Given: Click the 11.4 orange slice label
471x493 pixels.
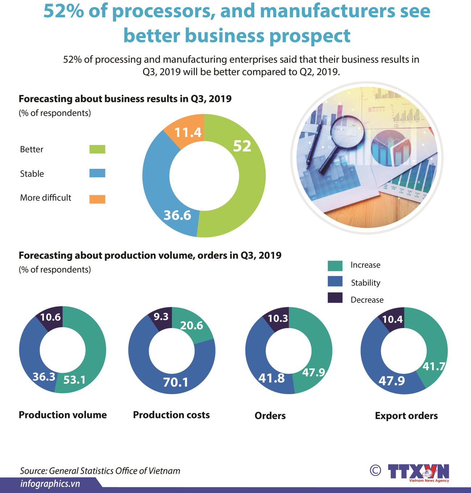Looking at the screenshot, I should [188, 133].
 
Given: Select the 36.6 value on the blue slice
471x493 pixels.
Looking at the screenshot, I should [177, 215].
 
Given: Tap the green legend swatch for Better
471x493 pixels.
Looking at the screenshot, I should [97, 149].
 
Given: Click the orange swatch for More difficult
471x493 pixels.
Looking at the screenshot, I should [97, 199].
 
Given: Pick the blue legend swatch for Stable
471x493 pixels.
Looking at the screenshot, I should [97, 173].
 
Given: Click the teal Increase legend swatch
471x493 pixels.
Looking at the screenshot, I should [335, 266].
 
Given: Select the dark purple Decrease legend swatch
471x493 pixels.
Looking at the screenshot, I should [335, 298].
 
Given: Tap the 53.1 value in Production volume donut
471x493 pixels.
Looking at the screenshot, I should [74, 380].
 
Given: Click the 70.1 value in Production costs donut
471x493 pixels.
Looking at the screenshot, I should [175, 382].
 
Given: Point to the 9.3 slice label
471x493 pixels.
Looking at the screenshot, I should [161, 317].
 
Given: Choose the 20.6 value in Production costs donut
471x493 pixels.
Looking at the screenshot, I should [191, 326].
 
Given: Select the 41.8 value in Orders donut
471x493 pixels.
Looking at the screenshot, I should [271, 378].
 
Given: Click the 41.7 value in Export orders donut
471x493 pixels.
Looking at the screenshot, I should [434, 367].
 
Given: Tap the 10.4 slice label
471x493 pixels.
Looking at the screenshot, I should [392, 319].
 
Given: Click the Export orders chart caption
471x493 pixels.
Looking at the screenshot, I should [406, 415].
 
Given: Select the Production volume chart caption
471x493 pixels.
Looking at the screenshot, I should [63, 415].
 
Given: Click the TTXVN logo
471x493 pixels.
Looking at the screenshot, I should [418, 472].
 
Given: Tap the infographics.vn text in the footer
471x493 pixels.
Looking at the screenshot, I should [50, 484].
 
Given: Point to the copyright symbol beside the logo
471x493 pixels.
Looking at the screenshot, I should [375, 471].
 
